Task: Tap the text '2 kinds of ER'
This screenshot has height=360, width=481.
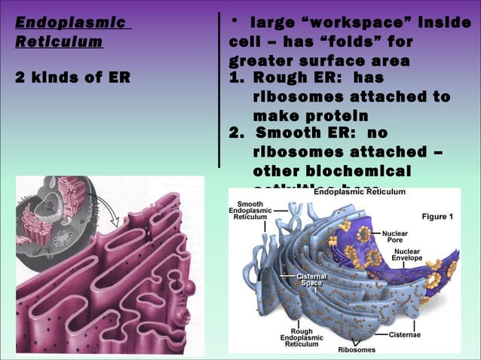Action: point(72,78)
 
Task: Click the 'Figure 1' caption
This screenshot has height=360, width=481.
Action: point(437,217)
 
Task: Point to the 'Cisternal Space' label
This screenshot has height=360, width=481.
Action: point(311,280)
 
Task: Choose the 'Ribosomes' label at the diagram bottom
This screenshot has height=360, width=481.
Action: point(357,349)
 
